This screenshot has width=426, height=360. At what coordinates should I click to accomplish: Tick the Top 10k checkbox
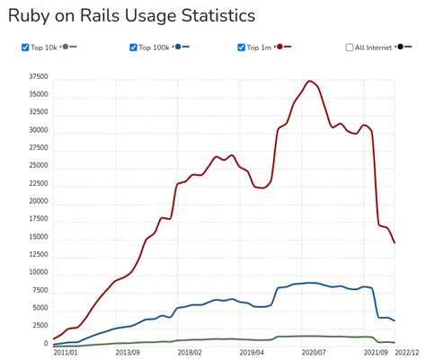25,48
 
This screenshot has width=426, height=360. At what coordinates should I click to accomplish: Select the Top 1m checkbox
243,48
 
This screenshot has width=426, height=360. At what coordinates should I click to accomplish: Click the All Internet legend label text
374,48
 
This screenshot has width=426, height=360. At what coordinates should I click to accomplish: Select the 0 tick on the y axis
45,344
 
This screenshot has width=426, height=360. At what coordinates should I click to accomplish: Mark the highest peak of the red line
310,81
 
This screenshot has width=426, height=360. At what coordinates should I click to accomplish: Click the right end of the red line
395,242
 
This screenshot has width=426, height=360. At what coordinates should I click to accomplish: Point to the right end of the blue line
395,320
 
